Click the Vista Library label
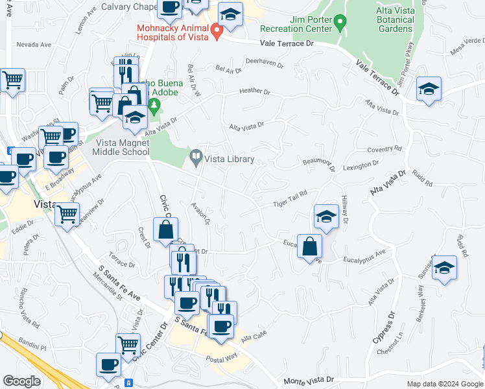coord(229,159)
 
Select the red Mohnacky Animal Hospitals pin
coord(218,29)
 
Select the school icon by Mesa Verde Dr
coord(429,89)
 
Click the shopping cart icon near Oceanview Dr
coord(67,214)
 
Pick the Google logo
coord(21,381)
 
